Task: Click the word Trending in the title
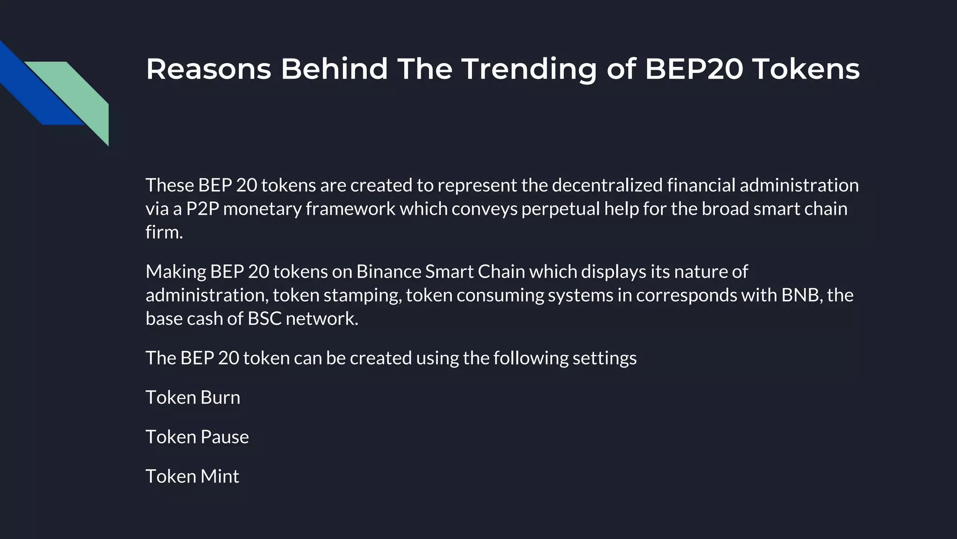pos(529,69)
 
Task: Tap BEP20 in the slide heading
pos(694,69)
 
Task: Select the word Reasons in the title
pos(208,69)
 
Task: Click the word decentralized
pos(607,185)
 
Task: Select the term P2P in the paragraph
pos(203,209)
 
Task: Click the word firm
pos(164,232)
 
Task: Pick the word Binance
pos(388,272)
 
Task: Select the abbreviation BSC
pos(264,319)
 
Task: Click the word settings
pos(604,358)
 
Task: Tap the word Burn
pos(220,398)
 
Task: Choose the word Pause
pos(224,437)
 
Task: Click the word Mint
pos(220,476)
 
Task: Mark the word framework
pos(350,209)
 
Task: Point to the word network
pos(321,319)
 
